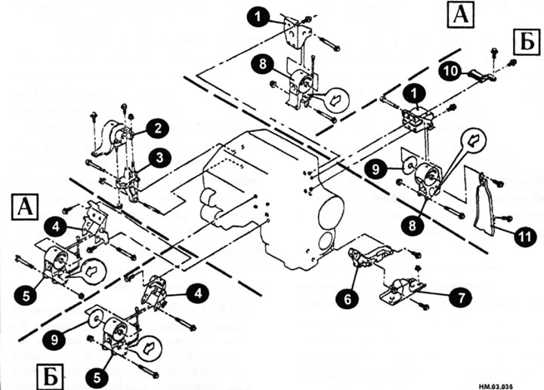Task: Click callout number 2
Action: (x=157, y=130)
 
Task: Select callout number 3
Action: (x=159, y=158)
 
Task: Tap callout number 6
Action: (x=348, y=299)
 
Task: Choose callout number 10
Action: (x=449, y=70)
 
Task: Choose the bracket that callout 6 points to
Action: (x=367, y=256)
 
